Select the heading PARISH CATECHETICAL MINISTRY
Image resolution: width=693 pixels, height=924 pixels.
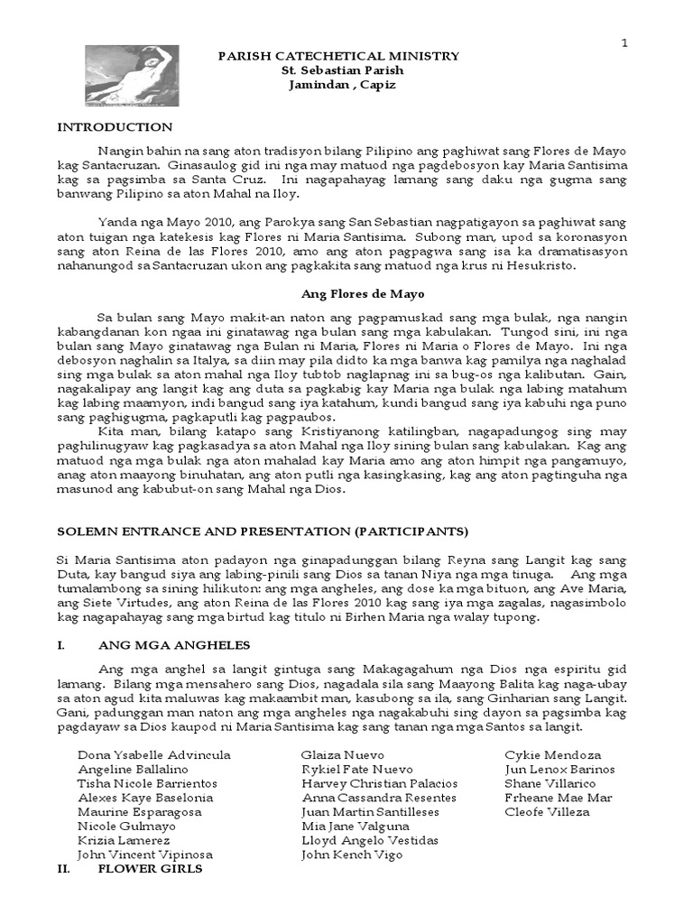[x=340, y=56]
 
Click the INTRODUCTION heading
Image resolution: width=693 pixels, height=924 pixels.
[x=115, y=127]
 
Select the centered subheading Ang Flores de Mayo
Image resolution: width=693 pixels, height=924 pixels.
[x=350, y=294]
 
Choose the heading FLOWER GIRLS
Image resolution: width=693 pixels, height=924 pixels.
[x=150, y=869]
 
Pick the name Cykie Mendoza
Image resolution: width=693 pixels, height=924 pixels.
[x=552, y=754]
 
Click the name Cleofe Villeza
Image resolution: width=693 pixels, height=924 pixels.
[x=547, y=811]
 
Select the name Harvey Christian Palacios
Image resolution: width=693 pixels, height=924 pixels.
[x=379, y=783]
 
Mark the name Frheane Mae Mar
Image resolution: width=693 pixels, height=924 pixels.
[x=559, y=797]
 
